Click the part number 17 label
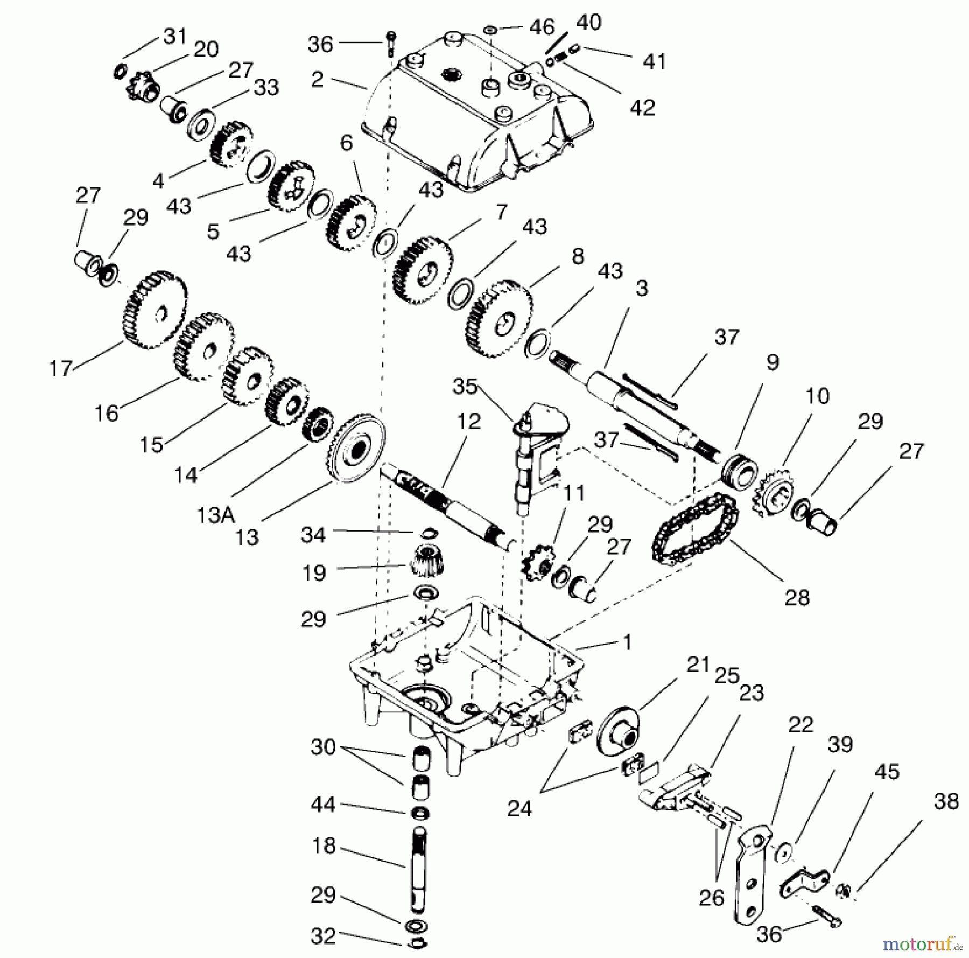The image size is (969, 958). [60, 368]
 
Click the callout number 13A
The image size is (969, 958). [216, 515]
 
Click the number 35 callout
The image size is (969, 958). [465, 386]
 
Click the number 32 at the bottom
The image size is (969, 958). [324, 936]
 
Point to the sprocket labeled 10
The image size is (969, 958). [773, 492]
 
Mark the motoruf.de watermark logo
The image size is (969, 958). [924, 943]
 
